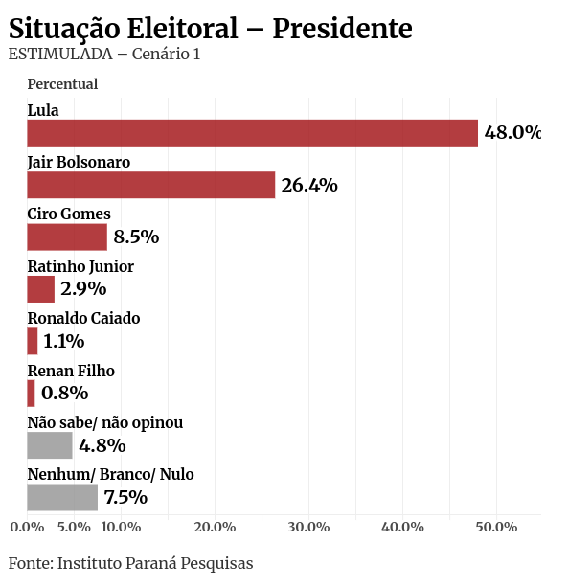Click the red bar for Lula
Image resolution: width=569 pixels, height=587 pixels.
coord(252,133)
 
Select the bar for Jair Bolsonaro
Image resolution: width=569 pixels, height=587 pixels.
coord(150,185)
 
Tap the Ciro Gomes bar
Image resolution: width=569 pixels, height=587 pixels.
coord(67,237)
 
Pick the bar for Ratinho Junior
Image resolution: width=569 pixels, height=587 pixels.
coord(41,289)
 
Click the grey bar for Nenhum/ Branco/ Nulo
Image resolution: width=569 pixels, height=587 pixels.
coord(62,497)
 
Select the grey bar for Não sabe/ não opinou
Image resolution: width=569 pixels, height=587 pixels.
coord(50,445)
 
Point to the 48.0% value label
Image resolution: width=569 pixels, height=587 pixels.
coord(512,133)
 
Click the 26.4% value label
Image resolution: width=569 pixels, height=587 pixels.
coord(309,185)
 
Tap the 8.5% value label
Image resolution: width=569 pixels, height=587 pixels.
coord(136,237)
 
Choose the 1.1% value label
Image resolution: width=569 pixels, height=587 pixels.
coord(63,341)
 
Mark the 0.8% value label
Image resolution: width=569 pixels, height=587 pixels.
coord(64,393)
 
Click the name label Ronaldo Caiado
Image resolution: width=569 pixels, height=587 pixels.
coord(83,318)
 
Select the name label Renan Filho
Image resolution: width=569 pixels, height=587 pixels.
coord(71,371)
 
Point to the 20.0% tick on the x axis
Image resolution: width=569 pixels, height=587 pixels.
coord(215,527)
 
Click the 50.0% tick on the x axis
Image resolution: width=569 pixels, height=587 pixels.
coord(496,527)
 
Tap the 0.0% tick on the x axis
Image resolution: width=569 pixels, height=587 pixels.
coord(27,527)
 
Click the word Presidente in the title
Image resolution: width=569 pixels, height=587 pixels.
coord(342,29)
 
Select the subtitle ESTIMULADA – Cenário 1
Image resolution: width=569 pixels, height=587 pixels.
coord(104,54)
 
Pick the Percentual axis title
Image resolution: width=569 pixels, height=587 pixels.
coord(62,84)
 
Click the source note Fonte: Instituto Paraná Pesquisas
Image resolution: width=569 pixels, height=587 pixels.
coord(131,563)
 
